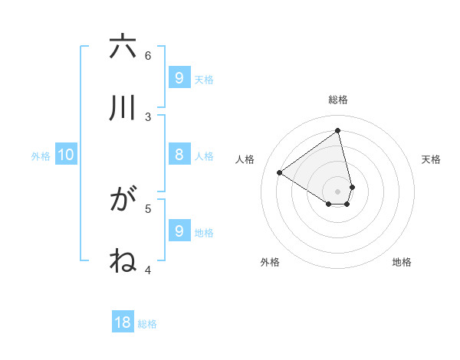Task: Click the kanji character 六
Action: point(123,47)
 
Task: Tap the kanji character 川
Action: point(123,108)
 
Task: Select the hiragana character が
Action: point(123,200)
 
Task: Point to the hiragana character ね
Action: point(123,260)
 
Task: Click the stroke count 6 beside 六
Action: point(148,55)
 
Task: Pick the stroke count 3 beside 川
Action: point(148,116)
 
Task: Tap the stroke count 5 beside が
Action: point(148,208)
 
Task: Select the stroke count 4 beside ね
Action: point(148,269)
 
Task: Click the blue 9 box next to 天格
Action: point(179,77)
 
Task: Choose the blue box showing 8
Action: point(179,154)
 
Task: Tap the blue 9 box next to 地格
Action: point(179,231)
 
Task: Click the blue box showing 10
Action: point(66,155)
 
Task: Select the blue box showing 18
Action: point(123,322)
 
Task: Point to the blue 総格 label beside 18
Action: point(147,324)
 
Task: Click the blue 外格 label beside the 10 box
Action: point(41,156)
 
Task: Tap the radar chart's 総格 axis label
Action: point(338,100)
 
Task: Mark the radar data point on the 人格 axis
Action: point(280,172)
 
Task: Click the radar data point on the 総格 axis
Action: point(338,130)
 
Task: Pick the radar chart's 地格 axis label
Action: point(402,262)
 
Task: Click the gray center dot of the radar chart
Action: point(338,191)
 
